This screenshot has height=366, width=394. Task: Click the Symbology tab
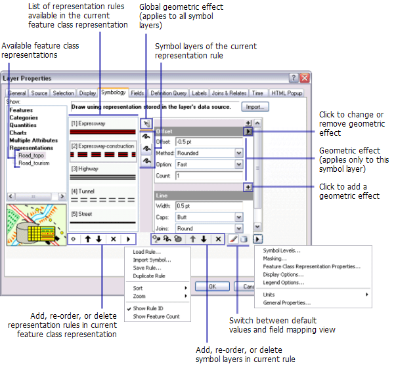coord(113,93)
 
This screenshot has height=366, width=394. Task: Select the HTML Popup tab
coord(287,93)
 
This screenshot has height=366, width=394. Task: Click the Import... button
coord(256,106)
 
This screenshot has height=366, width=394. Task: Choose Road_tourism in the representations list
coord(33,163)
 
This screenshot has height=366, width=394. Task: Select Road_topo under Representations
coord(31,155)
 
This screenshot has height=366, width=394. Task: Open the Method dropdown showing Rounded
coord(239,153)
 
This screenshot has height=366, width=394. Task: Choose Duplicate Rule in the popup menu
coord(149,276)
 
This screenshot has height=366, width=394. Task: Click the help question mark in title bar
coord(294,78)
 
